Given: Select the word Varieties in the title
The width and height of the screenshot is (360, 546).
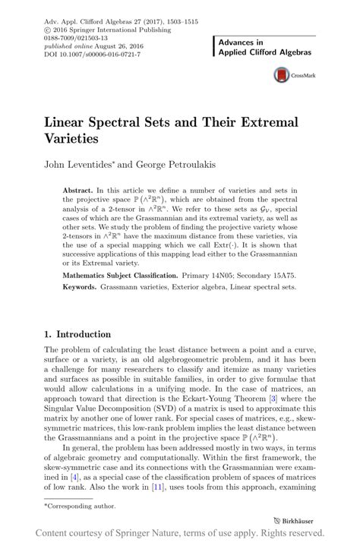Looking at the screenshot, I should [77, 139].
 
